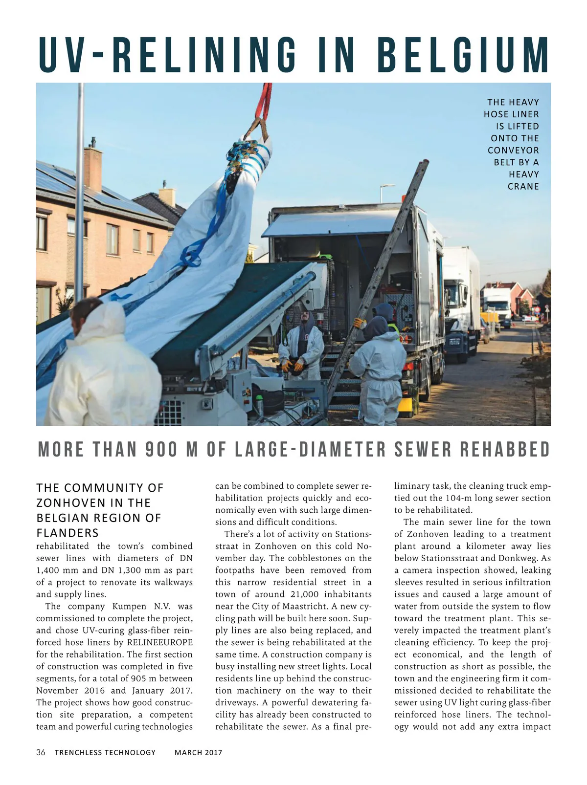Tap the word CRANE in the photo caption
pos(523,186)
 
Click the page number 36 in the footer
pos(41,752)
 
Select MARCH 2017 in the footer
pos(198,752)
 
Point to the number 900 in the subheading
pos(161,450)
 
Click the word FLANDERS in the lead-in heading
pos(68,532)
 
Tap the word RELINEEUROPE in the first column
pos(160,642)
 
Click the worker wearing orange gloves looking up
pos(302,345)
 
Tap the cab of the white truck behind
pos(455,298)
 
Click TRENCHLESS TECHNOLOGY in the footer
pos(105,752)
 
